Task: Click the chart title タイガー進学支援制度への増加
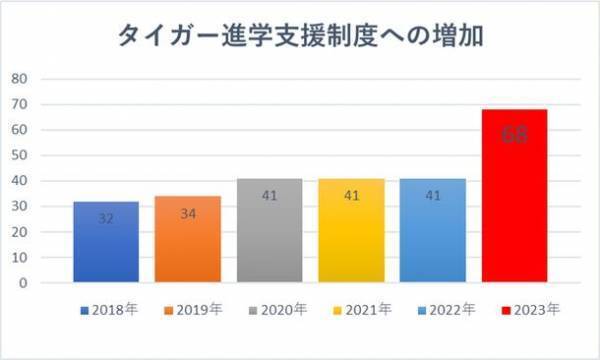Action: point(300,39)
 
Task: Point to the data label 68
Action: point(515,135)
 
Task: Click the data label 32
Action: point(106,217)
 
